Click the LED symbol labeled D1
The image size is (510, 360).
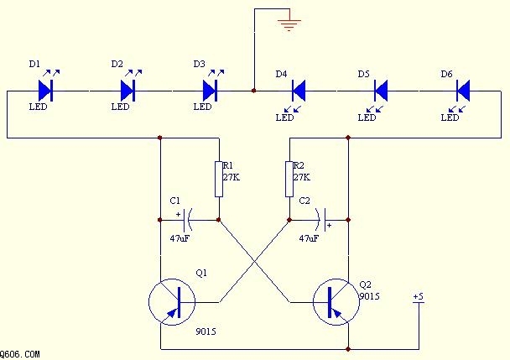pyautogui.click(x=46, y=89)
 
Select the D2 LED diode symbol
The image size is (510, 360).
pyautogui.click(x=128, y=89)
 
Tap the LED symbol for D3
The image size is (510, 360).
pyautogui.click(x=211, y=89)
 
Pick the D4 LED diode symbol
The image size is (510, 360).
pyautogui.click(x=297, y=89)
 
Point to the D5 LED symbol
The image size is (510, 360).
pyautogui.click(x=380, y=89)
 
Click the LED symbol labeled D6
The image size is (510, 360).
pyautogui.click(x=462, y=89)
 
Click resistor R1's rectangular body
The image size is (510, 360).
pyautogui.click(x=219, y=178)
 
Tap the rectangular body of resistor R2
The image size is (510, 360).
pyautogui.click(x=289, y=178)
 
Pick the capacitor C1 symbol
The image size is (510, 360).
pyautogui.click(x=185, y=221)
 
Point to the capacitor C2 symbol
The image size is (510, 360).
pyautogui.click(x=321, y=221)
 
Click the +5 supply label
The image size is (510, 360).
pyautogui.click(x=418, y=298)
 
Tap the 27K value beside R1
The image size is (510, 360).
pyautogui.click(x=232, y=177)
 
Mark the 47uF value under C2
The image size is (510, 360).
pyautogui.click(x=310, y=238)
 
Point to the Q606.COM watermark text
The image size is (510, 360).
pyautogui.click(x=20, y=355)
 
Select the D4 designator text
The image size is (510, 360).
pyautogui.click(x=282, y=75)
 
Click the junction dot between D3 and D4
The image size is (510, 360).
pyautogui.click(x=253, y=89)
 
